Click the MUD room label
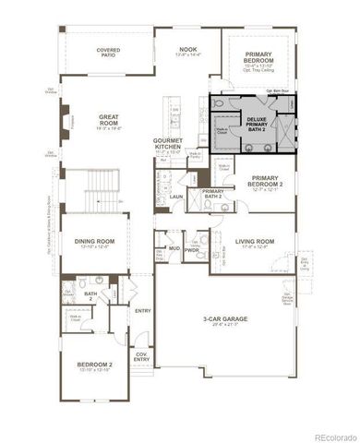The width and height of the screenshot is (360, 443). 174,248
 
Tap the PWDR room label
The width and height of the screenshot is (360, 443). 192,249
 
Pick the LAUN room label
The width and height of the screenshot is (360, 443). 174,196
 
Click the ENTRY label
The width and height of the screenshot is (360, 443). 142,311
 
